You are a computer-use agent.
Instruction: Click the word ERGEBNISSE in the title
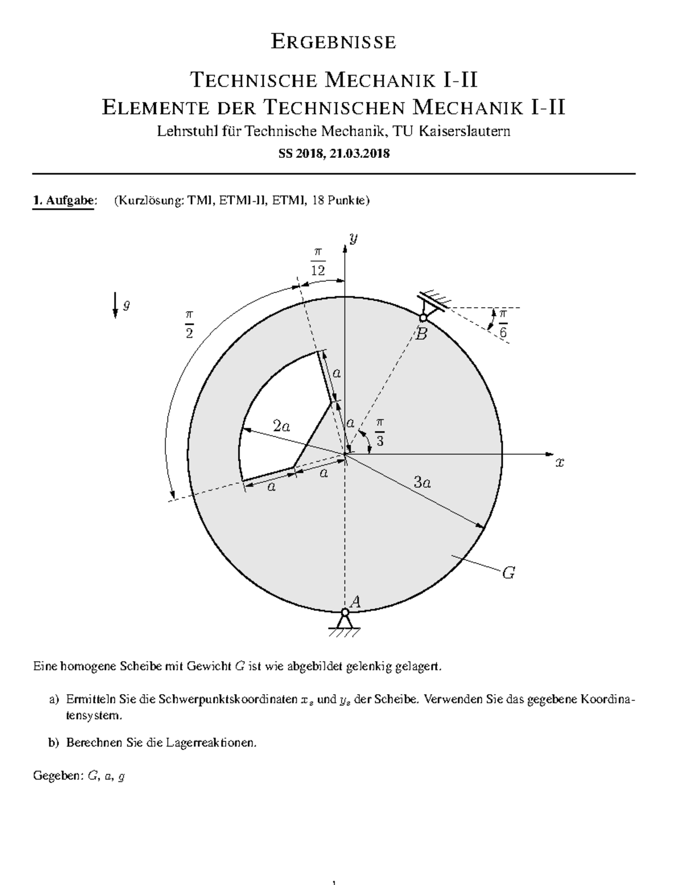tap(333, 42)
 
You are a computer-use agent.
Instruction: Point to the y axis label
tap(354, 239)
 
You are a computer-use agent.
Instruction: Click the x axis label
tap(560, 463)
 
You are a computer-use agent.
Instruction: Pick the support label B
tap(421, 335)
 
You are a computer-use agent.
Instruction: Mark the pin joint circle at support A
tap(344, 613)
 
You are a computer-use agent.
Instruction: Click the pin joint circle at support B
tap(424, 318)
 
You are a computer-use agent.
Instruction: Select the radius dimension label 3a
tap(422, 483)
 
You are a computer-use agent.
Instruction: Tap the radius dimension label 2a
tap(281, 425)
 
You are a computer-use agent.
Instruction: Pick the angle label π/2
tap(189, 324)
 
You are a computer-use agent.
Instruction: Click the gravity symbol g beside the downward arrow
tap(127, 305)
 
